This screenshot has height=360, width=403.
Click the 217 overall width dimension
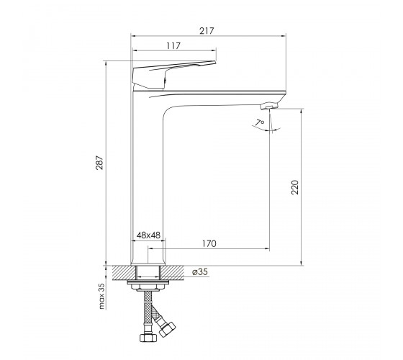click(207, 31)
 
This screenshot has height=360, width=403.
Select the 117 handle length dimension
click(173, 46)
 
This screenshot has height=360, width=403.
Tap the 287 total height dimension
click(99, 163)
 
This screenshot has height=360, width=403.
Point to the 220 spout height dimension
click(295, 187)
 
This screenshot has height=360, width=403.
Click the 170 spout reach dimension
click(209, 243)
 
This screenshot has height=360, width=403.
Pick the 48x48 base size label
click(148, 235)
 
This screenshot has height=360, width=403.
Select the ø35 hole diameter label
click(200, 272)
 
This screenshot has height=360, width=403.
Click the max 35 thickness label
click(101, 296)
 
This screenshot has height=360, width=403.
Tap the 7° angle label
click(260, 122)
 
